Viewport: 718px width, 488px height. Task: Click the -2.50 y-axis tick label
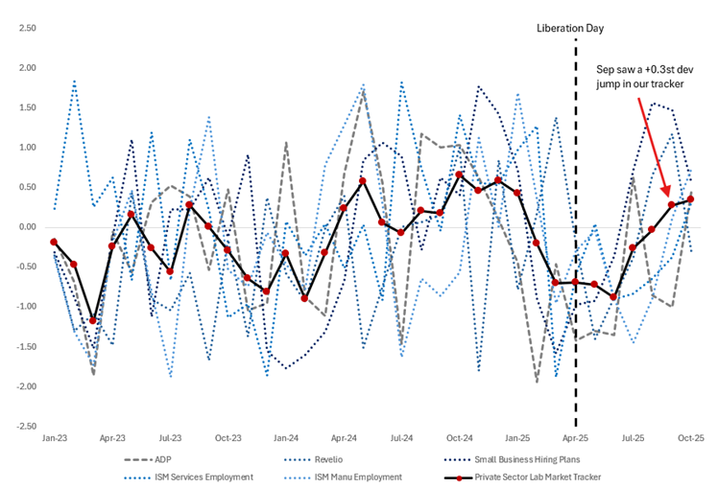tap(26, 426)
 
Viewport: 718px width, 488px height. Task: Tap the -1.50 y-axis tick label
tap(26, 346)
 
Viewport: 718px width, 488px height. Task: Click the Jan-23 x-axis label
tap(54, 436)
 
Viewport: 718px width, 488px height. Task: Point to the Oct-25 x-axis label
tap(690, 436)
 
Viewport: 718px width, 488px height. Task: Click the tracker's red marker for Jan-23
tap(54, 243)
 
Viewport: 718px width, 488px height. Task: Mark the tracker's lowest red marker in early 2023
tap(93, 321)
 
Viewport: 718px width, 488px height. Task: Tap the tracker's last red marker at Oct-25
tap(690, 199)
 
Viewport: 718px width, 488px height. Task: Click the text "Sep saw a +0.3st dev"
tap(643, 71)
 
